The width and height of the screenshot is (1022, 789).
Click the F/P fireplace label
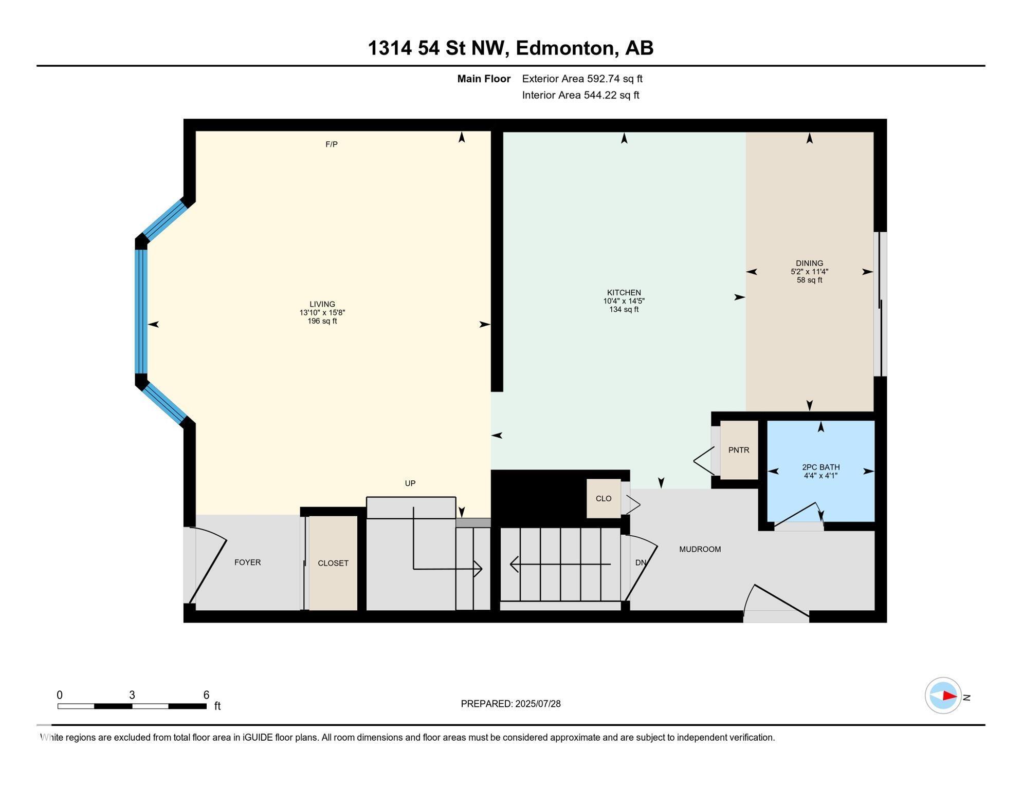[x=332, y=144]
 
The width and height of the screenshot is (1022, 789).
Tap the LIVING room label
[x=322, y=304]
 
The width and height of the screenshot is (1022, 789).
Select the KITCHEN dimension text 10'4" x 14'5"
[x=624, y=302]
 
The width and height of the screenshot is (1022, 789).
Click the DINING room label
[x=809, y=263]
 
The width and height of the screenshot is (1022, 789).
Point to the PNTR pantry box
[x=739, y=450]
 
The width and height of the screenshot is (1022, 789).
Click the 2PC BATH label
[x=820, y=467]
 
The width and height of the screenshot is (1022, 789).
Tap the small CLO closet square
[x=604, y=499]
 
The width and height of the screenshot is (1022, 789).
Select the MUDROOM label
[x=700, y=549]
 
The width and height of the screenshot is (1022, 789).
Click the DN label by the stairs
[x=640, y=563]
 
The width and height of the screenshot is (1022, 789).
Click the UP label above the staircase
[x=410, y=483]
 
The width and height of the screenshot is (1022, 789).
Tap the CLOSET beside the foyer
[x=333, y=563]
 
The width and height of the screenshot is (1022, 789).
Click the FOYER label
[x=247, y=562]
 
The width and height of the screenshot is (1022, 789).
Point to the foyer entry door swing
[x=208, y=565]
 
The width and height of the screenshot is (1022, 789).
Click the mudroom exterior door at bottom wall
[x=776, y=604]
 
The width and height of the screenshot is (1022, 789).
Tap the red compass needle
[x=949, y=696]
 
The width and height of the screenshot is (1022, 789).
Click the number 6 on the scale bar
[x=206, y=695]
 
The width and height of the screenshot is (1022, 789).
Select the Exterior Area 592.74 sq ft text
[x=582, y=79]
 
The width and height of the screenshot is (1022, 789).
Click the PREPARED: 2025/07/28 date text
[x=510, y=704]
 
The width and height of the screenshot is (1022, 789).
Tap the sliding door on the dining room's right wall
[x=880, y=304]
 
